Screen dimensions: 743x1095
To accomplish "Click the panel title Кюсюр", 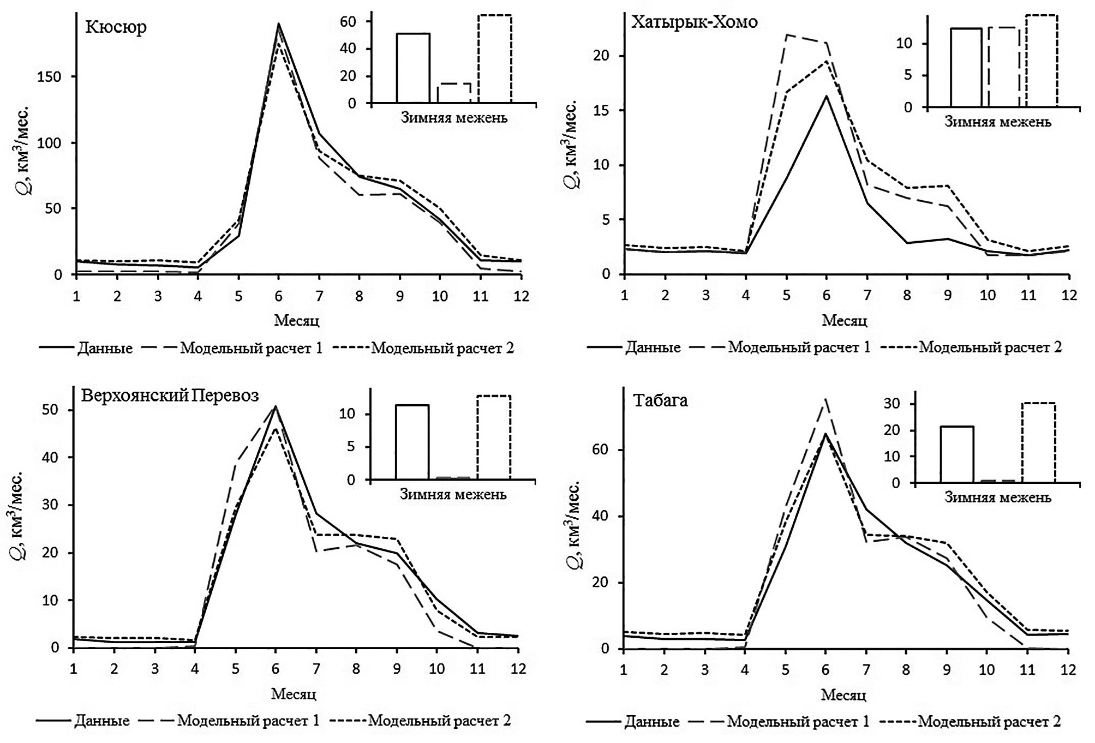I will click(x=116, y=27).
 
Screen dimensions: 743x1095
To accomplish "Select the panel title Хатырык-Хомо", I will click(x=694, y=22).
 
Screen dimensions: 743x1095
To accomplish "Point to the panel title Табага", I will click(x=660, y=400).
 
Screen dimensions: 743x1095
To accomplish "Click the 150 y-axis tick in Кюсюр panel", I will click(x=49, y=77).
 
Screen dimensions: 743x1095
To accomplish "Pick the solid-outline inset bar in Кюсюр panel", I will click(x=413, y=68).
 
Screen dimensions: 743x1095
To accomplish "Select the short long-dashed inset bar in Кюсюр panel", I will click(x=454, y=93).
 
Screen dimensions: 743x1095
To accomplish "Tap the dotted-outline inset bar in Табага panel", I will click(x=1038, y=442).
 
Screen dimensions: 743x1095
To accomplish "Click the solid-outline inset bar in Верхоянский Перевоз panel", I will click(x=412, y=442).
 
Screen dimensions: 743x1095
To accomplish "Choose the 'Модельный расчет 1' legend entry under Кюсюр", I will click(x=251, y=347).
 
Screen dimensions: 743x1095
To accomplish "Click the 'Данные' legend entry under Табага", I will click(x=652, y=722).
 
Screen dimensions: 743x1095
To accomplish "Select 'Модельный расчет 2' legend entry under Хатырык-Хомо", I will click(x=990, y=347).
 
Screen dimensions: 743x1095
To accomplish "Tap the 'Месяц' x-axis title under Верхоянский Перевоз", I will click(x=294, y=694).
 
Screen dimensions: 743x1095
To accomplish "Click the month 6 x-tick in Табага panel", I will click(x=825, y=669).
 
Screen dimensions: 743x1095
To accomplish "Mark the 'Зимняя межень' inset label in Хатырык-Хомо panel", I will click(x=997, y=122).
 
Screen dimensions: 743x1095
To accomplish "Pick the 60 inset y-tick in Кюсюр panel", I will click(x=348, y=22).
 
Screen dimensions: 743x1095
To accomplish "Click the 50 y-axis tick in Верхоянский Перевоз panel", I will click(x=51, y=410).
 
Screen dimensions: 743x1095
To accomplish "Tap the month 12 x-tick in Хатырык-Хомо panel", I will click(x=1069, y=295).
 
